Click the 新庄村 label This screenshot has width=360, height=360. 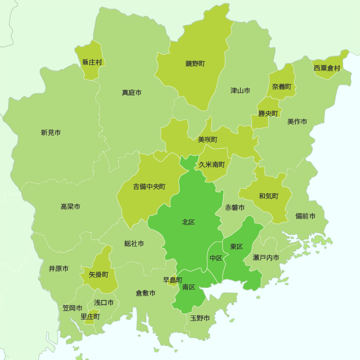point(92,62)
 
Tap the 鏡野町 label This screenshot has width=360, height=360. point(195,63)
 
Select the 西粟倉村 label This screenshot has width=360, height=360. point(326,68)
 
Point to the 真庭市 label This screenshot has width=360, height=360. point(131,92)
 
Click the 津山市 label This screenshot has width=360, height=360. point(240,90)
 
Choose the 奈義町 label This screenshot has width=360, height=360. point(281,86)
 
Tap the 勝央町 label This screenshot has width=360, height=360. point(267,113)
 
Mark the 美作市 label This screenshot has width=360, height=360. point(297,121)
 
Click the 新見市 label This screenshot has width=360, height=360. point(50,132)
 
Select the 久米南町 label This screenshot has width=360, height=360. point(212,164)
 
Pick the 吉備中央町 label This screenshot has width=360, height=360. point(149,186)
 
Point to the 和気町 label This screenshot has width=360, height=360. point(268,195)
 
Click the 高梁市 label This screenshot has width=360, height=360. point(70,206)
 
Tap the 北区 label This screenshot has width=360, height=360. point(188,222)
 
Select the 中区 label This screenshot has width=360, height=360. point(216,258)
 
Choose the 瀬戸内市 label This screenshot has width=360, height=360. point(266,257)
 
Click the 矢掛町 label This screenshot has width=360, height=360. point(98,274)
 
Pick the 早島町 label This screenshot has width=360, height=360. point(173,279)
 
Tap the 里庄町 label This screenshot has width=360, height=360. point(90,316)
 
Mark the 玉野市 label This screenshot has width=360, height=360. point(200,318)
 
